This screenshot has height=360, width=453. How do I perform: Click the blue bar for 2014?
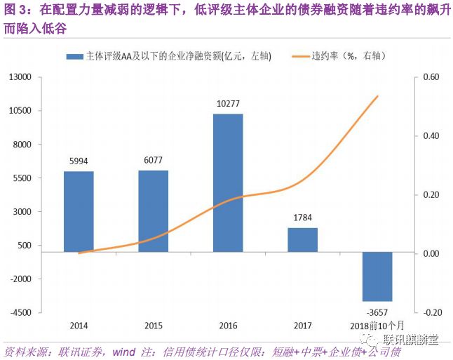[79, 211]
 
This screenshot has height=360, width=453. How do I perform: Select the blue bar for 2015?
[153, 211]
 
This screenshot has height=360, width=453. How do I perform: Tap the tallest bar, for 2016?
[228, 182]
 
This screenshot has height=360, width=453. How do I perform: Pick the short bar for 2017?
[303, 239]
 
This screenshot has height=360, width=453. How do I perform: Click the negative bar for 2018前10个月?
[377, 276]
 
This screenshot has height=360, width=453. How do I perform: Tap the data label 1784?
[303, 218]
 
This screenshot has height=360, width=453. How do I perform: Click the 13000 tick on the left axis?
[23, 77]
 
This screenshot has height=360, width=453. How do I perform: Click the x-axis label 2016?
[228, 326]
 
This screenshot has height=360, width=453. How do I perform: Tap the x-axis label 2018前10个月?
[377, 326]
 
